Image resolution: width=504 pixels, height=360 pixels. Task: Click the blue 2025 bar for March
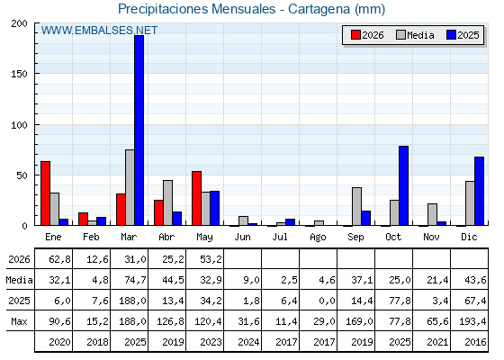(139, 130)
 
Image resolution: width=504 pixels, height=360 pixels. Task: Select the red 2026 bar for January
(45, 193)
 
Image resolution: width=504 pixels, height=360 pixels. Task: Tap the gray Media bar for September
(356, 206)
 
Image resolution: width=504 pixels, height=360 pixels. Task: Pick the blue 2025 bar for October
(404, 185)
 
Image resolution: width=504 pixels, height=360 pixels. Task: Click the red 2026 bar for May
(197, 198)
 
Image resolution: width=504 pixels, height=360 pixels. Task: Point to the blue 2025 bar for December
(479, 191)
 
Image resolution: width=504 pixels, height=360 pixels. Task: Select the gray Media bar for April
(167, 202)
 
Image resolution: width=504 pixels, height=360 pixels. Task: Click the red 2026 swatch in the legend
(355, 35)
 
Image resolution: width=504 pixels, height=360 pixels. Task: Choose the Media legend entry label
(420, 35)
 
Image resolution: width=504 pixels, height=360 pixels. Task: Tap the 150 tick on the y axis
(19, 74)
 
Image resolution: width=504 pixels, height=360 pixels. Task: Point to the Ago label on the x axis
(318, 238)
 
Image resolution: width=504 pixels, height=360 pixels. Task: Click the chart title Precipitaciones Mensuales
(197, 9)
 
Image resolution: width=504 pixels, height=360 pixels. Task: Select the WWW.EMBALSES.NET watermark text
(99, 31)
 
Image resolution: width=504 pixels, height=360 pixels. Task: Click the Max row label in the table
(19, 321)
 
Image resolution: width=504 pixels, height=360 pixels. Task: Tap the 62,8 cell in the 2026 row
(59, 259)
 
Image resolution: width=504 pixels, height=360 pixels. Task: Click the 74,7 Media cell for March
(135, 280)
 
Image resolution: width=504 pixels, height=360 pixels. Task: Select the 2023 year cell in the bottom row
(211, 342)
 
